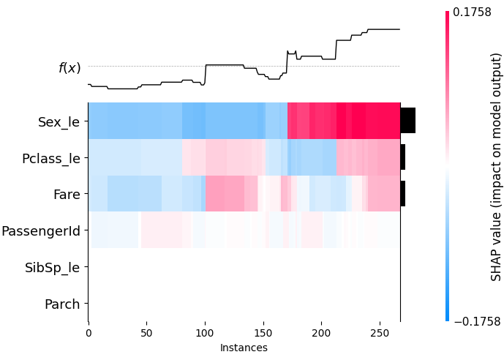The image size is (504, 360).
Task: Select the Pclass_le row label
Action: pyautogui.click(x=51, y=158)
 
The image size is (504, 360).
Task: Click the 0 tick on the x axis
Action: pyautogui.click(x=89, y=334)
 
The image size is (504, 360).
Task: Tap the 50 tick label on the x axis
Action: pyautogui.click(x=146, y=334)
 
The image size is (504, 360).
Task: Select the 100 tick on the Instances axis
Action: pyautogui.click(x=205, y=334)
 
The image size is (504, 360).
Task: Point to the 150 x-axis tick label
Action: pyautogui.click(x=263, y=334)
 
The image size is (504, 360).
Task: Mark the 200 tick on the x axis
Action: pyautogui.click(x=321, y=334)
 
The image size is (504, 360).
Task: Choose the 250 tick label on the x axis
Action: pyautogui.click(x=379, y=334)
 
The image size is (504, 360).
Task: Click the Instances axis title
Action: pyautogui.click(x=244, y=348)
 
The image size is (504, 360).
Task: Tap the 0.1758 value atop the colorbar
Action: pyautogui.click(x=472, y=12)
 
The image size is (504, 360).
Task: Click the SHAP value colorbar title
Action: pyautogui.click(x=496, y=167)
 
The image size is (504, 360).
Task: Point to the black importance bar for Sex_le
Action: pyautogui.click(x=407, y=121)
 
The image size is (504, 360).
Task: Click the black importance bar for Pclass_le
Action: pyautogui.click(x=402, y=157)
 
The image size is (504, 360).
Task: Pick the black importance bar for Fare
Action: pyautogui.click(x=402, y=193)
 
